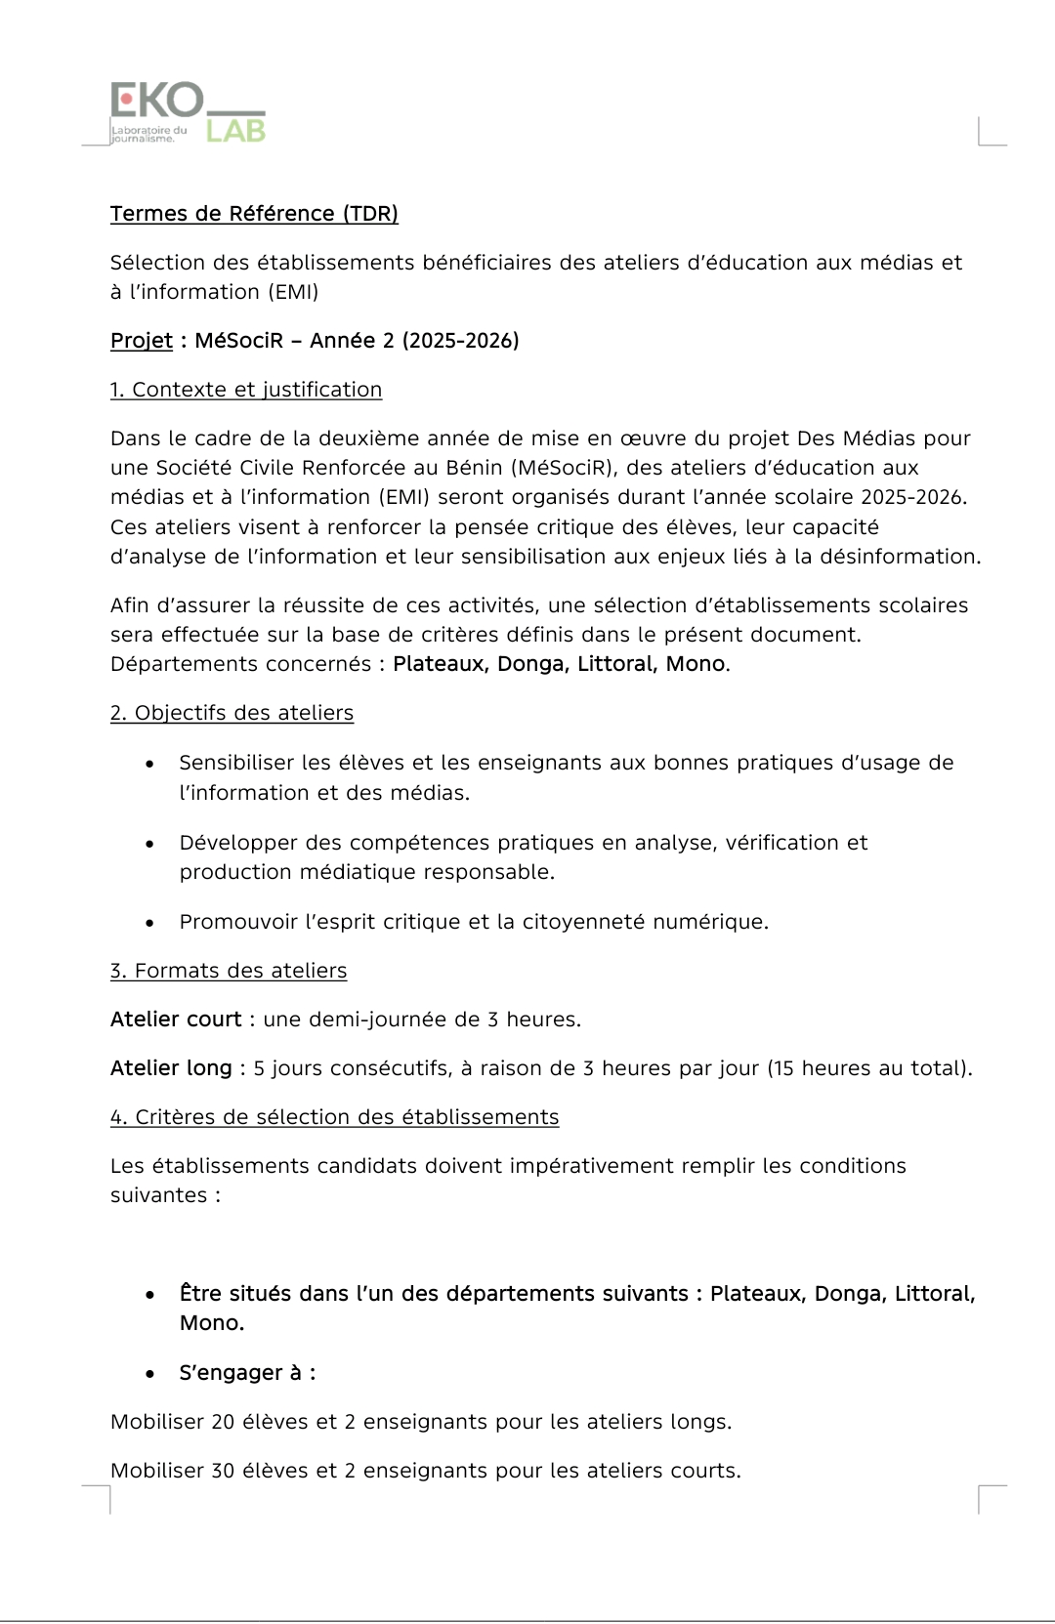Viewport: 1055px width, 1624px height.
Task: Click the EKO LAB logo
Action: pos(186,113)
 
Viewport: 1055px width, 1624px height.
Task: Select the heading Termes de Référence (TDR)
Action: pos(254,214)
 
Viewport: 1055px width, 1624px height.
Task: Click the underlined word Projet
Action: pos(141,341)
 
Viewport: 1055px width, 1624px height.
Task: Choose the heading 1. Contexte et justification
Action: pos(246,390)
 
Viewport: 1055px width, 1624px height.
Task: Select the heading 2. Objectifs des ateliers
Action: pos(232,713)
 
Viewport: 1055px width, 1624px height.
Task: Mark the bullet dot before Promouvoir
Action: pos(149,923)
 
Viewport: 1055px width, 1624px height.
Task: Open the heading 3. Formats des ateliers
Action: pos(229,971)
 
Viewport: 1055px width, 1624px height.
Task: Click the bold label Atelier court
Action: pos(176,1020)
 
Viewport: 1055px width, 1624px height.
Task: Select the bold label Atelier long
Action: pos(171,1068)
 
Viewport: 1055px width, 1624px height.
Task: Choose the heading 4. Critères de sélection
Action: pos(334,1117)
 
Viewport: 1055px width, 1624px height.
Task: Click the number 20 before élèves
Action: pos(223,1422)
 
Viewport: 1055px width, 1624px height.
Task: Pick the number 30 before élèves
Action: pos(223,1471)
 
